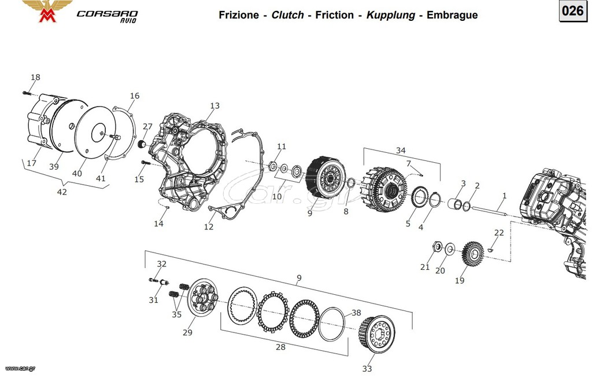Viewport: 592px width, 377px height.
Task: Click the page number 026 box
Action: point(573,11)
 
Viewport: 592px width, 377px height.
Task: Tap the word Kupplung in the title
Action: point(390,15)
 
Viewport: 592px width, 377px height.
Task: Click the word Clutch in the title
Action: point(288,14)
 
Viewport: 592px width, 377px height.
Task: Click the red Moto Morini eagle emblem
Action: point(47,10)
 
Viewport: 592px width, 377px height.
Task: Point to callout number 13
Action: point(215,105)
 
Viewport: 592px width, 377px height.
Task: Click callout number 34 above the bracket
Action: point(401,151)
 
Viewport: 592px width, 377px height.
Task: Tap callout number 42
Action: point(62,192)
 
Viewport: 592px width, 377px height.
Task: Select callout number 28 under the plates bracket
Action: point(280,347)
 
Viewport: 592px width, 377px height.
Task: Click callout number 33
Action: point(367,368)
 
